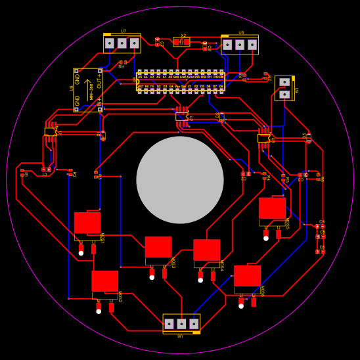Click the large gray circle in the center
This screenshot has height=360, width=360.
(180, 180)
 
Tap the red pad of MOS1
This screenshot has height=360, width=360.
(87, 223)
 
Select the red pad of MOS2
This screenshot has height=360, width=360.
(104, 281)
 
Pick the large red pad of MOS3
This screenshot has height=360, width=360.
(158, 247)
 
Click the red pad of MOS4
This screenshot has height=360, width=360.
(206, 250)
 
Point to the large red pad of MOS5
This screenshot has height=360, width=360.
(272, 208)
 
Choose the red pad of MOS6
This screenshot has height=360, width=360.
(247, 276)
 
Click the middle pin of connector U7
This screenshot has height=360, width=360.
(122, 43)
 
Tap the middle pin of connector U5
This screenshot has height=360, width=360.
(240, 45)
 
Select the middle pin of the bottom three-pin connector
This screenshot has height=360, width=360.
(181, 324)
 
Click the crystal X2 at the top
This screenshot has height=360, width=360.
(181, 42)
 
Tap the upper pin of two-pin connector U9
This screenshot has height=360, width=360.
(284, 82)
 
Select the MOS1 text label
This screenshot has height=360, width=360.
(102, 238)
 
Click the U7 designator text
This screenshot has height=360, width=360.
(123, 31)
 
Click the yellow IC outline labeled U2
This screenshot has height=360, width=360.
(51, 132)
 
